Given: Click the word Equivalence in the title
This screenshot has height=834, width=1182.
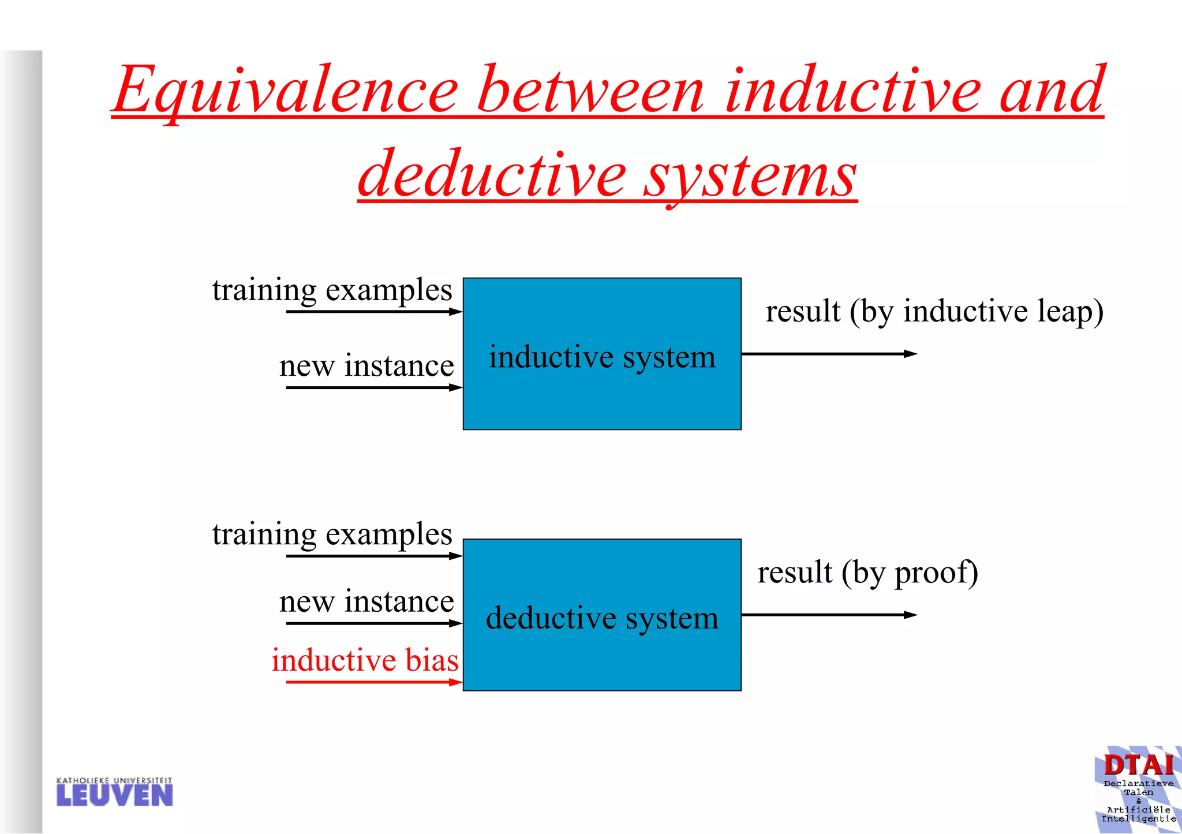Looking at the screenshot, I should pos(286,91).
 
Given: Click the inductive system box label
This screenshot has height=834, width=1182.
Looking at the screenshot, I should pos(602,357).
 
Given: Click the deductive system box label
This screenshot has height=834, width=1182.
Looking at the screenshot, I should pos(602,618).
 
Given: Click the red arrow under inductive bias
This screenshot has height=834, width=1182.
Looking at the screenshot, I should pos(374,682).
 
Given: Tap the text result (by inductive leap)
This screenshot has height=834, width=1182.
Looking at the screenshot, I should pos(934,312).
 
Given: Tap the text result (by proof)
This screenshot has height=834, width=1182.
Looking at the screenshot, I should pos(867,573).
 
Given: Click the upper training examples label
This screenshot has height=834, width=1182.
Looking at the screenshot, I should pos(332,290).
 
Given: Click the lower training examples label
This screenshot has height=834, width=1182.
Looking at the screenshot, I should pos(332,534).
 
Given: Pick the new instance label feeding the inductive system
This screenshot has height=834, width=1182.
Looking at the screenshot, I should pos(366,366).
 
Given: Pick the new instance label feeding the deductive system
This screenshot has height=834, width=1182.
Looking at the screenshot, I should pos(366,602).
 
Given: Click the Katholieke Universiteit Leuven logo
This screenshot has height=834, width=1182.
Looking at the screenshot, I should pos(114,792).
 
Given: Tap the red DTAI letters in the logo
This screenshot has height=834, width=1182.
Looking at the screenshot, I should pos(1138,766).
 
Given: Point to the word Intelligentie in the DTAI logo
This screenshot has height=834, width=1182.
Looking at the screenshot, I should pos(1138,818).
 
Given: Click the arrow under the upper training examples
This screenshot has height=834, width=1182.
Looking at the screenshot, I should pos(374,312).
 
